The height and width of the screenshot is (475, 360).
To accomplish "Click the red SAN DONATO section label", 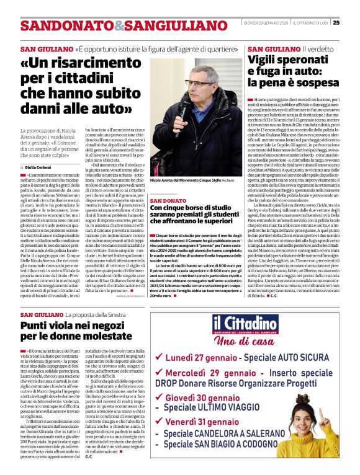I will coord(168,201).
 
